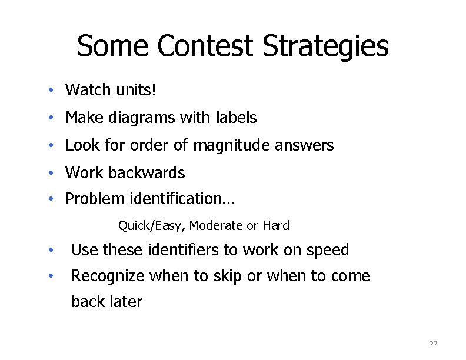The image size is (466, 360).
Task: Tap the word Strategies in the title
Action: pos(325,47)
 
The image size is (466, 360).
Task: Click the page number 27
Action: pos(433,344)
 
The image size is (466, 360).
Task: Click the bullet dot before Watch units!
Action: pos(52,91)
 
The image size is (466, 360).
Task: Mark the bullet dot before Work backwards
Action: pos(52,174)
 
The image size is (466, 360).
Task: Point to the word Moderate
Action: pos(216,225)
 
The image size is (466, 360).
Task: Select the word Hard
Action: pos(276,225)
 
